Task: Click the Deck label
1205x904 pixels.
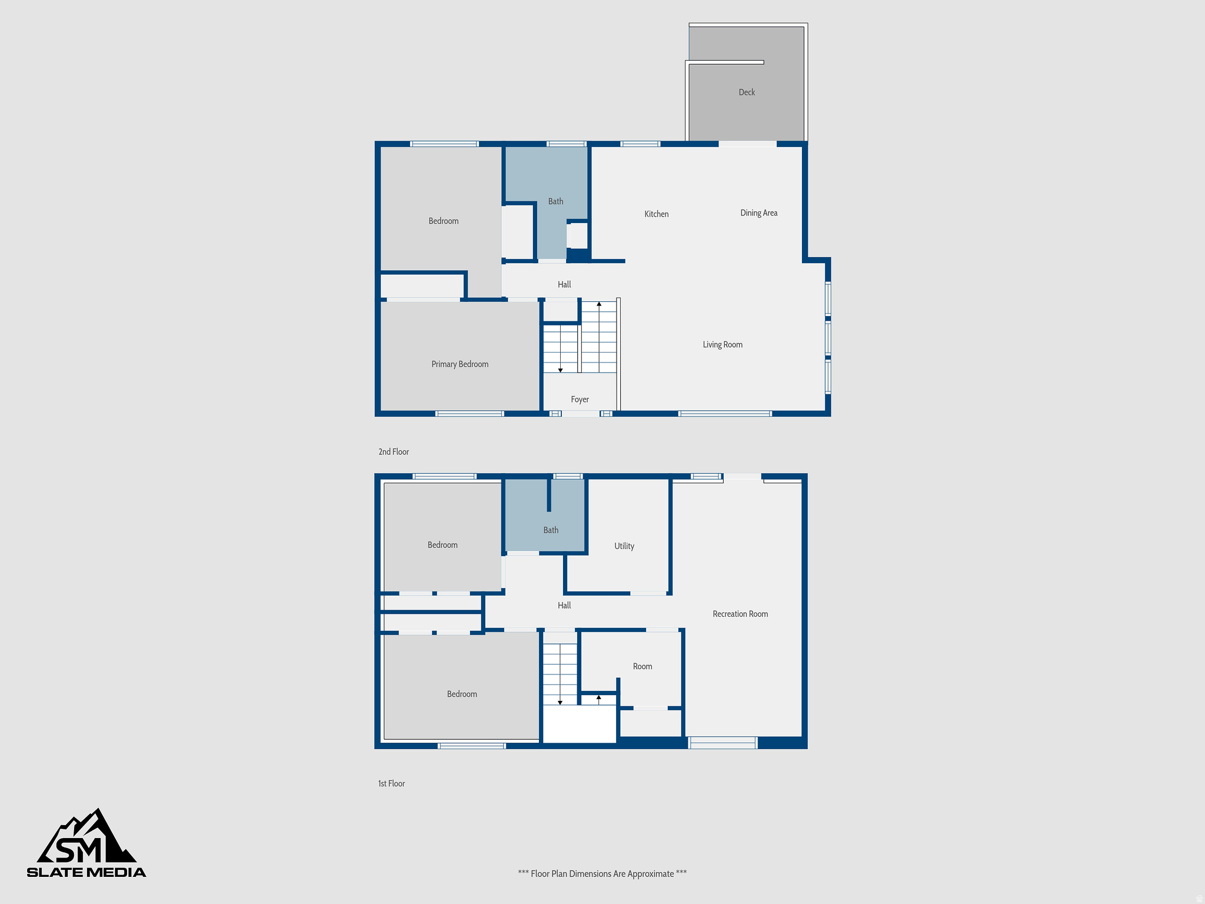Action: [747, 92]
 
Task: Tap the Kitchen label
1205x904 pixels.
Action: [656, 214]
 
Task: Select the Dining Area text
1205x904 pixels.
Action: [758, 213]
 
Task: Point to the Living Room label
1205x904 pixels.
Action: [722, 345]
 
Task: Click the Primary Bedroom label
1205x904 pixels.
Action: [460, 364]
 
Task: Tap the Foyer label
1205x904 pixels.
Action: [580, 400]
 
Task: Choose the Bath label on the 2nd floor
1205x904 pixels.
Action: [555, 201]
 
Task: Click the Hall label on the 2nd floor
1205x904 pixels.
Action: [564, 285]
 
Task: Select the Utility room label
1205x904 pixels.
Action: [624, 546]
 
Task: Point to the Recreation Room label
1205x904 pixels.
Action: [740, 614]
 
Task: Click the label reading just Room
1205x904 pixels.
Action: [642, 667]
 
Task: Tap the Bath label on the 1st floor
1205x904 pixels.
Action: [551, 530]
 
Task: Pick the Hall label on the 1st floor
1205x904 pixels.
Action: [564, 606]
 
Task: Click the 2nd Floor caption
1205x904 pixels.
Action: [394, 452]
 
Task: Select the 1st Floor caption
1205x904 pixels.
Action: [391, 784]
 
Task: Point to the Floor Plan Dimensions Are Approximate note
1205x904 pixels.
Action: [602, 874]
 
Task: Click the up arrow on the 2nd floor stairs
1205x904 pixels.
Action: [599, 304]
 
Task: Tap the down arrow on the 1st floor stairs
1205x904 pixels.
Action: [560, 702]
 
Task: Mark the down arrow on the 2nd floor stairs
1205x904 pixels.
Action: [560, 370]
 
